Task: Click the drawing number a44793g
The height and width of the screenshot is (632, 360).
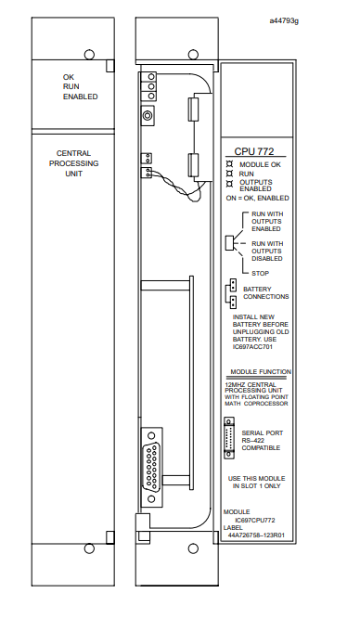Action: pyautogui.click(x=284, y=20)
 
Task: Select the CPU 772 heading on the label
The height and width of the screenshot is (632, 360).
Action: pyautogui.click(x=254, y=151)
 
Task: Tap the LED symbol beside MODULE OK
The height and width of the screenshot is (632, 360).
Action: pyautogui.click(x=230, y=164)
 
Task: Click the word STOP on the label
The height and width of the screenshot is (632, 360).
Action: pyautogui.click(x=260, y=273)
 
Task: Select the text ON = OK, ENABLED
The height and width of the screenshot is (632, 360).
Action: pyautogui.click(x=257, y=198)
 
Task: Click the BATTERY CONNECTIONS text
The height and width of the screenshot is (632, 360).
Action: pyautogui.click(x=265, y=293)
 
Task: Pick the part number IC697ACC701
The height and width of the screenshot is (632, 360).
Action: pyautogui.click(x=252, y=347)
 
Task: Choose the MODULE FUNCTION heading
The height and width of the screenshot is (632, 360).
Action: pyautogui.click(x=261, y=371)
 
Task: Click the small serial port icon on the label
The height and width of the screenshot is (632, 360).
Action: pyautogui.click(x=229, y=438)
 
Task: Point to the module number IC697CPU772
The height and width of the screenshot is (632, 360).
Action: pyautogui.click(x=255, y=521)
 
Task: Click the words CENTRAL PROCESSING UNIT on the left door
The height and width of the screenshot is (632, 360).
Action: pyautogui.click(x=74, y=163)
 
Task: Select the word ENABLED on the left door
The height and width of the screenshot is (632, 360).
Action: pyautogui.click(x=80, y=97)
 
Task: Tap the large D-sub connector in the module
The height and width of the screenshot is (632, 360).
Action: pyautogui.click(x=151, y=467)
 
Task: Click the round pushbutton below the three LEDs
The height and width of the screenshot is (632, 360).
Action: pyautogui.click(x=148, y=116)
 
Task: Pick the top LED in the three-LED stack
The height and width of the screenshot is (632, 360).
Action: pyautogui.click(x=151, y=77)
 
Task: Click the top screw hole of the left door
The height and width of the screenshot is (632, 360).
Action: pyautogui.click(x=89, y=55)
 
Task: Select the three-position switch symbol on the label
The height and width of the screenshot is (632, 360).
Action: pyautogui.click(x=229, y=243)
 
